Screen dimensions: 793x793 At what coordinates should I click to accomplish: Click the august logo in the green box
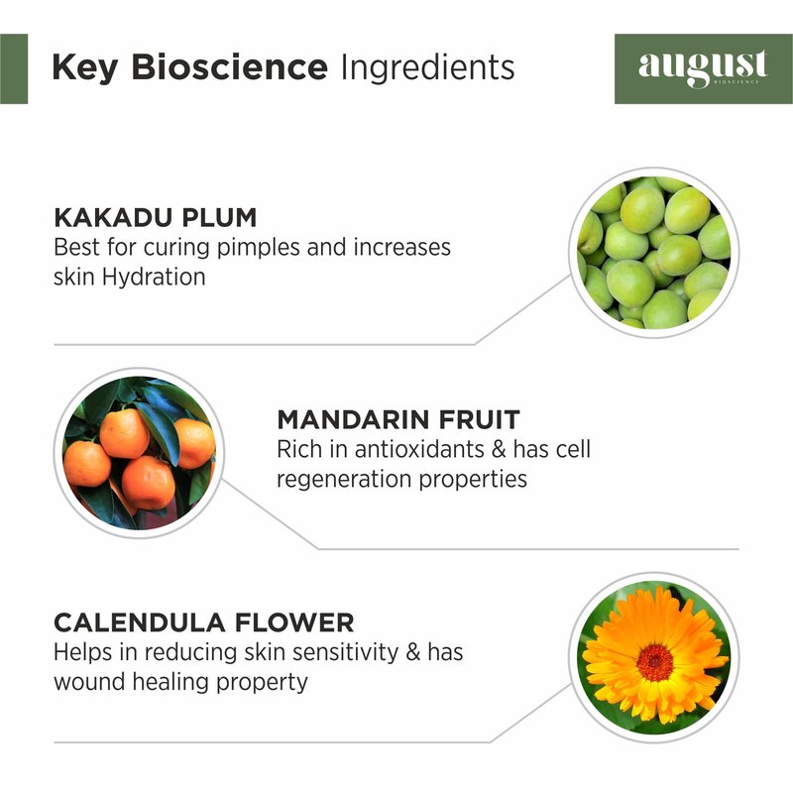coord(703,68)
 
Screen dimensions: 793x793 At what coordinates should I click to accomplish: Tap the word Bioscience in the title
coord(230,66)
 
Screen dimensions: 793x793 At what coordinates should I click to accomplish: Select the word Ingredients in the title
coord(428,68)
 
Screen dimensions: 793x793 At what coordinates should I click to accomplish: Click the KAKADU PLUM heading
coord(156,217)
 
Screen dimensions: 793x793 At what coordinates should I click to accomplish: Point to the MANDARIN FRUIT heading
coord(398,419)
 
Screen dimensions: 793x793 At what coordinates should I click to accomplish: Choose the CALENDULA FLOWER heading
coord(204,623)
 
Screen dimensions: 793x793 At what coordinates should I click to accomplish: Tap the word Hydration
coord(154,278)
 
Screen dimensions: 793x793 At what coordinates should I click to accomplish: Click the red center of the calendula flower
coord(655,661)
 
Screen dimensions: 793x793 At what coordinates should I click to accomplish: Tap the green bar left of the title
coord(14,68)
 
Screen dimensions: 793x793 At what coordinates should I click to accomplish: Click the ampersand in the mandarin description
coord(499,450)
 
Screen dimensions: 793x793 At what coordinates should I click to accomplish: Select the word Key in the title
coord(85,68)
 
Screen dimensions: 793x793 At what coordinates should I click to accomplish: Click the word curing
coord(177,249)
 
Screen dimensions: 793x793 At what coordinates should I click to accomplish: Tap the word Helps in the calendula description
coord(83,653)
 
